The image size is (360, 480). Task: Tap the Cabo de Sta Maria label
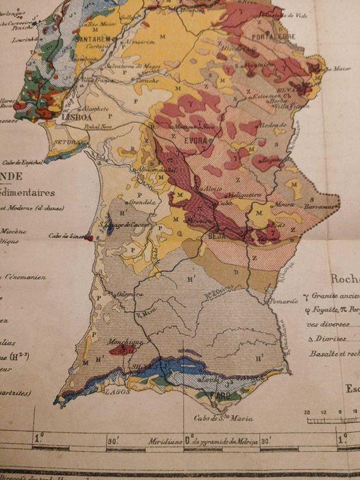coord(224,418)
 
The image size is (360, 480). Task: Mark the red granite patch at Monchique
coord(123,349)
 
